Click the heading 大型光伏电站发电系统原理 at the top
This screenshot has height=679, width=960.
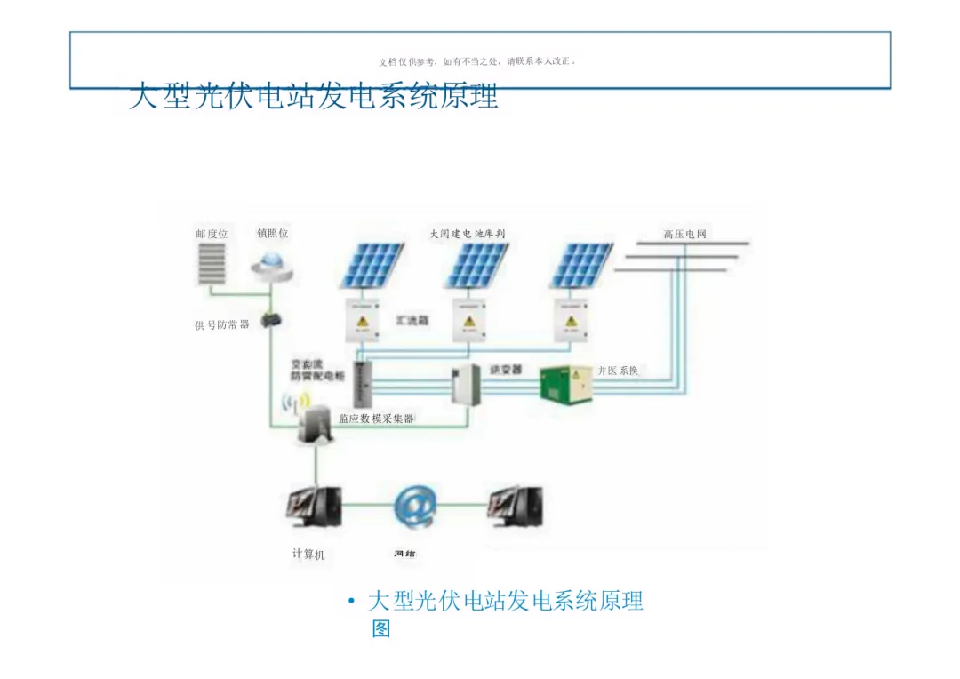pyautogui.click(x=313, y=96)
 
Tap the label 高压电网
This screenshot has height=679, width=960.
pyautogui.click(x=684, y=234)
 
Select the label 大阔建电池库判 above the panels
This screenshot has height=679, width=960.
pyautogui.click(x=468, y=234)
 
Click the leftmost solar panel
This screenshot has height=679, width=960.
pyautogui.click(x=372, y=264)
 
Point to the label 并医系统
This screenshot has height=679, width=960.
pyautogui.click(x=618, y=371)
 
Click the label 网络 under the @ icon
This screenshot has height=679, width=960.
pyautogui.click(x=404, y=554)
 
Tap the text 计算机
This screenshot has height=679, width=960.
pyautogui.click(x=308, y=555)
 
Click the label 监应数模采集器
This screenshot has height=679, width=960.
pyautogui.click(x=376, y=419)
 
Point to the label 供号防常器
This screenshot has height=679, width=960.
pyautogui.click(x=221, y=325)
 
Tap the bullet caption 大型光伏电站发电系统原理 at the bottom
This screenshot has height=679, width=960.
pyautogui.click(x=505, y=602)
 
